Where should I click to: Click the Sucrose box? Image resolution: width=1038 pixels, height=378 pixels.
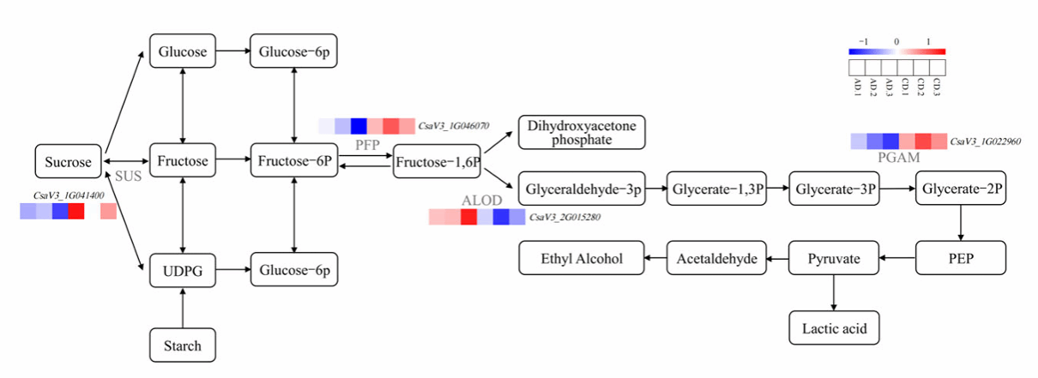pos(68,161)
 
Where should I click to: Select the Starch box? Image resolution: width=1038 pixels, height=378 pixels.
pos(182,345)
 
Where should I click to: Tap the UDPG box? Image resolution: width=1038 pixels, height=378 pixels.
pos(182,270)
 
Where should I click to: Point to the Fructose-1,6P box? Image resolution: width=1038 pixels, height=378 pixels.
pos(437,161)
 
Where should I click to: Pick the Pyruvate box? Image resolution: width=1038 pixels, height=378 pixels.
pos(834,257)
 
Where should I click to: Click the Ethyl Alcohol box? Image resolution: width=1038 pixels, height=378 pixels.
pos(582,257)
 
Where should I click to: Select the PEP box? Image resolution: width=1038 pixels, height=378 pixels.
pos(960,257)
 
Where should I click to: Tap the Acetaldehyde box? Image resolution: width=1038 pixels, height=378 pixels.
pos(716,257)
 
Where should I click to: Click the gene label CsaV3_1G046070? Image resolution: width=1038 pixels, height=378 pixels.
pos(454,126)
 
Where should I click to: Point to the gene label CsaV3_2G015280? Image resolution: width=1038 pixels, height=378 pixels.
pos(564,218)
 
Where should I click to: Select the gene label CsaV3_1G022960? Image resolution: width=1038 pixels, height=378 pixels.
pos(986,141)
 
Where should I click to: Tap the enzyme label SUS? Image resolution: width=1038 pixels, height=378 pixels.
pos(128,178)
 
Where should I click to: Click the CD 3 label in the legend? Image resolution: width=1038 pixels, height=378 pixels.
pos(937,87)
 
